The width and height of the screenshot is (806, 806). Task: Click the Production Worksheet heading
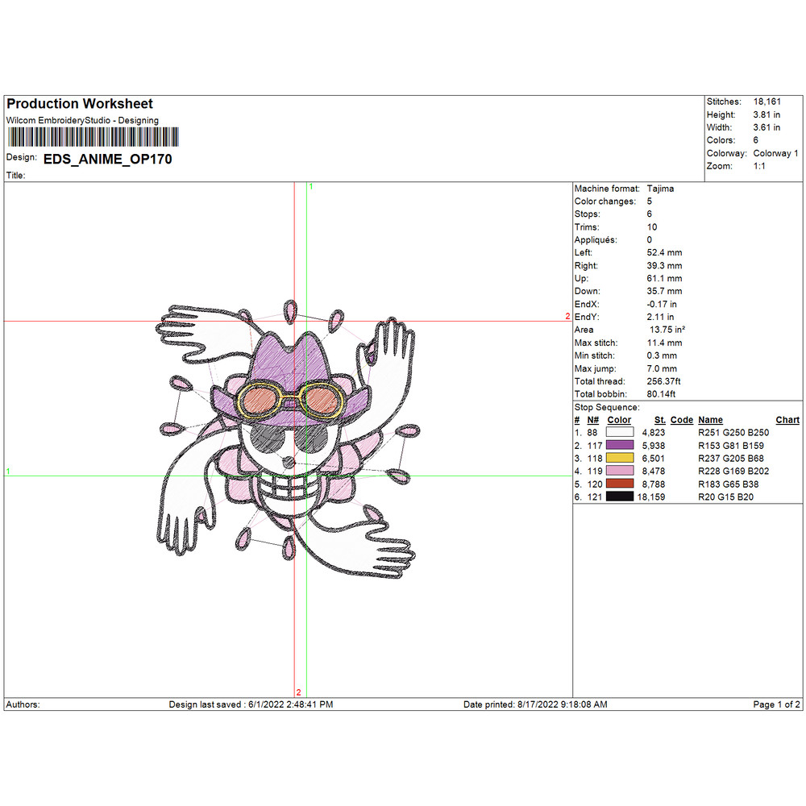[79, 104]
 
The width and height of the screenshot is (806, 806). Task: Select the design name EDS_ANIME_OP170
[107, 160]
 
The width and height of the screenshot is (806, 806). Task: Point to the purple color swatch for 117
[619, 445]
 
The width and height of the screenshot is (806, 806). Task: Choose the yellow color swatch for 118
[619, 458]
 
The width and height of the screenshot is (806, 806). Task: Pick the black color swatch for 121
[619, 496]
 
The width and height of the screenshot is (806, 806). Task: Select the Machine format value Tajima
[660, 189]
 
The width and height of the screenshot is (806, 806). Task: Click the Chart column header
[787, 420]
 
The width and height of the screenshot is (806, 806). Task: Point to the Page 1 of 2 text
[776, 704]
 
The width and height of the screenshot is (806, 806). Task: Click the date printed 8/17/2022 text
[535, 704]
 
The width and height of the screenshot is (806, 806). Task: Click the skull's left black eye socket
[267, 439]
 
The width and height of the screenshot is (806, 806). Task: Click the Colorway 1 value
[775, 153]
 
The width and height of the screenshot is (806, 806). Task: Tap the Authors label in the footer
[23, 704]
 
